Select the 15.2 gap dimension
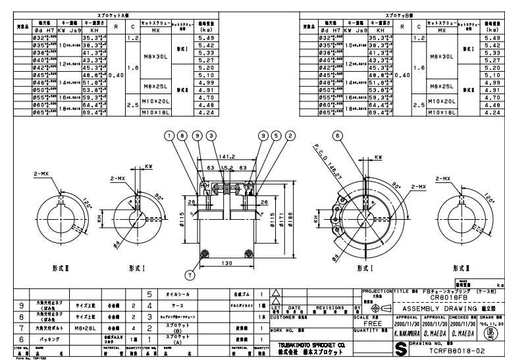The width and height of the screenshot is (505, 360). pos(226,168)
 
